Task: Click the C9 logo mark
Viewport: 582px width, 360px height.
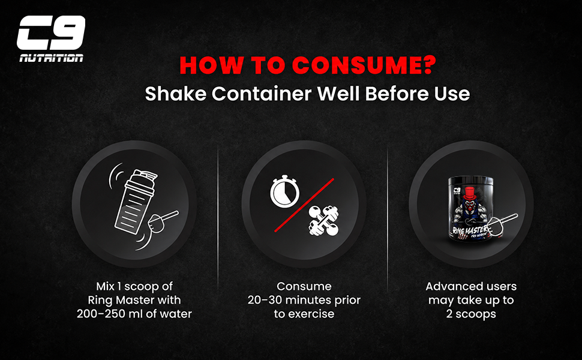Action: (51, 32)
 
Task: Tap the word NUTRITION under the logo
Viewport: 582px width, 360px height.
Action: (51, 58)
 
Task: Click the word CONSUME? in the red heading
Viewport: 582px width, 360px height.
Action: (364, 65)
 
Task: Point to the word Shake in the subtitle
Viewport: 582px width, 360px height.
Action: (176, 93)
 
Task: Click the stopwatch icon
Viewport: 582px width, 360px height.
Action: (284, 191)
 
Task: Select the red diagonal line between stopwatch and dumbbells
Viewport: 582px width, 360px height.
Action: (304, 205)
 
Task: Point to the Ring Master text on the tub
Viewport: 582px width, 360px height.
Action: (470, 230)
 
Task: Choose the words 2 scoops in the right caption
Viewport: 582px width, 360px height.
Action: (471, 314)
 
